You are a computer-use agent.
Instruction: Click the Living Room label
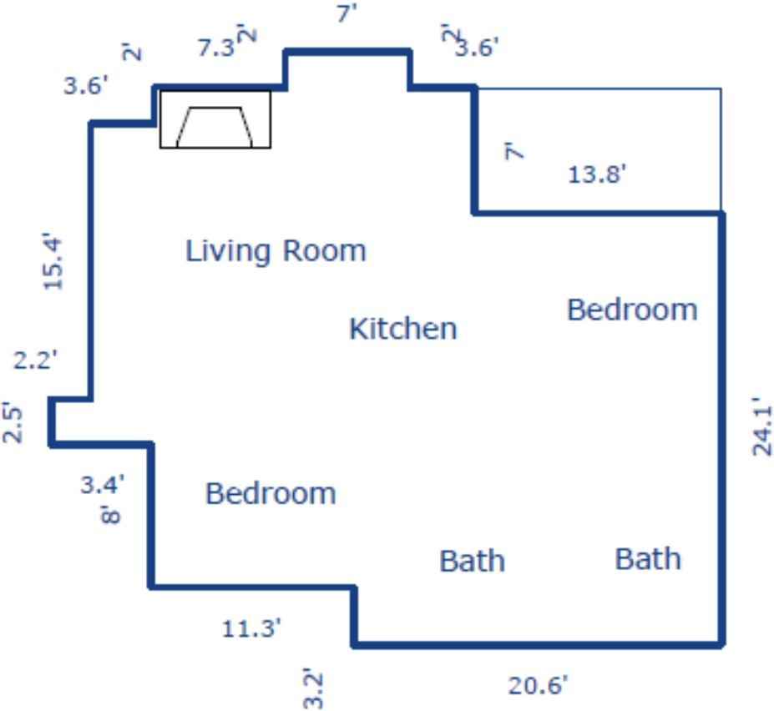click(x=276, y=250)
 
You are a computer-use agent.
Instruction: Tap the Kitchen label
click(x=402, y=328)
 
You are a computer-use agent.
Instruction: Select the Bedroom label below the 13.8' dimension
click(x=632, y=310)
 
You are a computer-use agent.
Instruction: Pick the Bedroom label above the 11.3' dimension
click(x=271, y=493)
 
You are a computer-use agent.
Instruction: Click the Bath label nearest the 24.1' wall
click(x=648, y=558)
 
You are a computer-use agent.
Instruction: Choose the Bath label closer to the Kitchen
click(x=472, y=560)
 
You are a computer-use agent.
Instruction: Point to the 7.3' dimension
click(x=216, y=48)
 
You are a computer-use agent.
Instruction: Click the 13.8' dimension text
click(x=597, y=174)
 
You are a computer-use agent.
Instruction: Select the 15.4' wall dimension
click(x=53, y=262)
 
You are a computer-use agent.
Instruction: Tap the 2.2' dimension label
click(x=35, y=361)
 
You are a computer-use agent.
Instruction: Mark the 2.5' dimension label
click(x=12, y=422)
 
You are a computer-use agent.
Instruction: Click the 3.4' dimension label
click(x=103, y=484)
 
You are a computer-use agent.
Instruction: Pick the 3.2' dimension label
click(x=312, y=688)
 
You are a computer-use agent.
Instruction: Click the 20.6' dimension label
click(x=539, y=686)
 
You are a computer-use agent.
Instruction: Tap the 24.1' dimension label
click(x=761, y=426)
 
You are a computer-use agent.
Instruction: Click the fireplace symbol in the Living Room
click(x=215, y=119)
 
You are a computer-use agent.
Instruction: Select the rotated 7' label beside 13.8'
click(x=515, y=152)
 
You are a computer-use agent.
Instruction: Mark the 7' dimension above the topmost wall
click(x=347, y=13)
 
